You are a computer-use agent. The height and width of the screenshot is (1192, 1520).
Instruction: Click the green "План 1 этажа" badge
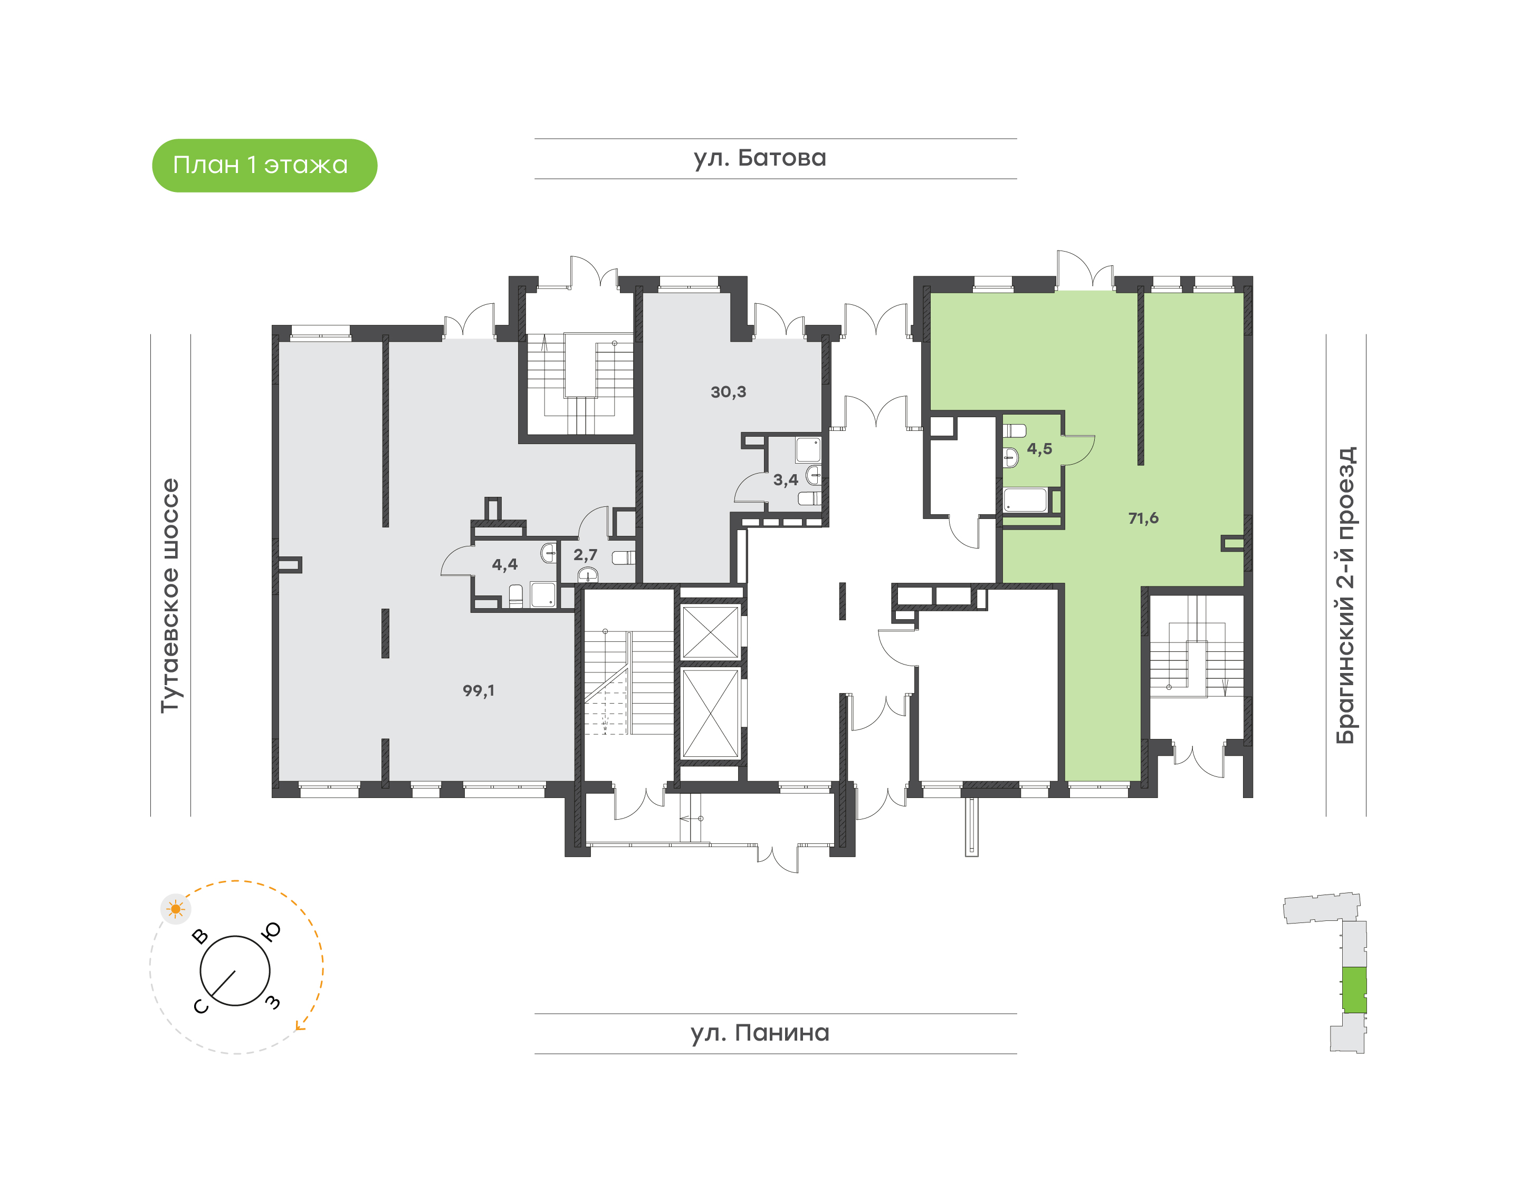pos(264,166)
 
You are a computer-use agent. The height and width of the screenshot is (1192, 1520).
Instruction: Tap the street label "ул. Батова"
pos(759,158)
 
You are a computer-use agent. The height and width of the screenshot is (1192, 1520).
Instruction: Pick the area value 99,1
pos(479,690)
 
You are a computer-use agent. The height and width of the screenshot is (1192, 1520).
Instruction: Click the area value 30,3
pos(728,392)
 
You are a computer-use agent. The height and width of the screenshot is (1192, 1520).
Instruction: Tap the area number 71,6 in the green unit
pos(1142,518)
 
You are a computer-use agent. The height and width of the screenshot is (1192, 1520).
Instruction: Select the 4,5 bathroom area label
pos(1038,449)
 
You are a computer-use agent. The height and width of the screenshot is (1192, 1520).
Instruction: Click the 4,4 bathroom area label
pos(504,564)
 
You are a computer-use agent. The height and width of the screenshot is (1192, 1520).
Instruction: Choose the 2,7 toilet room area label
pos(585,555)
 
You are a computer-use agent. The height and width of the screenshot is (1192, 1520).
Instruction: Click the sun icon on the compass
pos(175,909)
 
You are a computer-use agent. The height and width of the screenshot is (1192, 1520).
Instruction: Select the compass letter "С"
pos(200,1006)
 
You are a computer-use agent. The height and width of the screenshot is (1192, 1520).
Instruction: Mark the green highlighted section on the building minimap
pos(1354,989)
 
